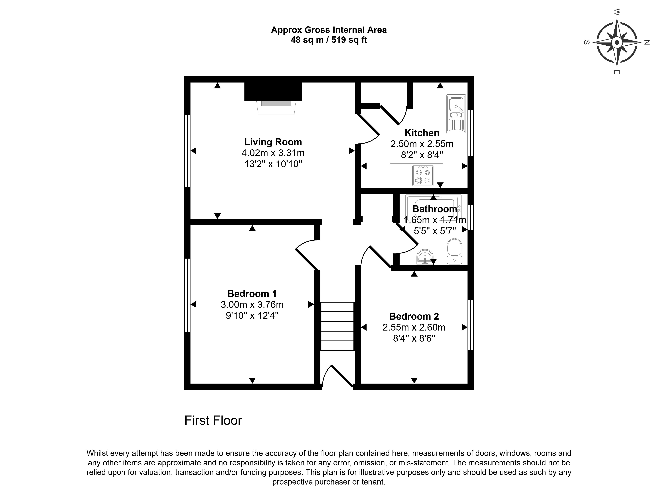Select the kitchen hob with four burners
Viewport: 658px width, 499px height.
tap(423, 176)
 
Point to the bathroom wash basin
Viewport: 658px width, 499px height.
tap(425, 257)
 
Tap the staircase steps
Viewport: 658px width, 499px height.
tap(337, 326)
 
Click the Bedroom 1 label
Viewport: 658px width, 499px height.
tap(252, 294)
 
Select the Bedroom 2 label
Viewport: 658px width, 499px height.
tap(414, 316)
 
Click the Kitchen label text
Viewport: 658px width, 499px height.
tap(422, 133)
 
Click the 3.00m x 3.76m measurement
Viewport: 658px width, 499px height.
tap(252, 305)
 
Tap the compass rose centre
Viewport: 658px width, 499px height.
tap(617, 43)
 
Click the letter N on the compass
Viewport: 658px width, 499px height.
tap(646, 43)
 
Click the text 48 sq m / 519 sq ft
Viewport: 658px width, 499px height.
tap(329, 40)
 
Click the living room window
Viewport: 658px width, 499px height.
tap(187, 151)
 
